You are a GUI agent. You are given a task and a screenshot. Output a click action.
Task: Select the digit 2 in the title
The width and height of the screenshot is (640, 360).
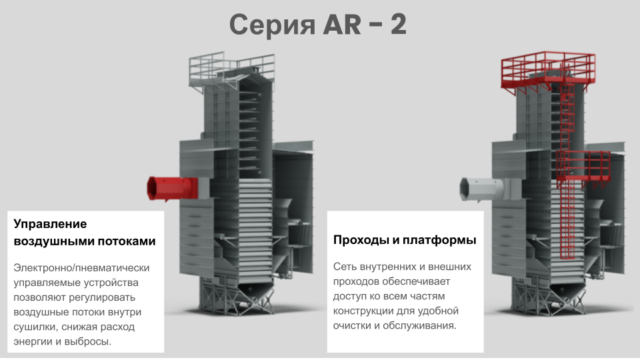pyautogui.click(x=398, y=25)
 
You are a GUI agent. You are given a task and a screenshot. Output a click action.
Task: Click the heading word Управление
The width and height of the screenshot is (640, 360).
pyautogui.click(x=51, y=224)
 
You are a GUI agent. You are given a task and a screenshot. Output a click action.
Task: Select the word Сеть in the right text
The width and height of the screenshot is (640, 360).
pyautogui.click(x=345, y=267)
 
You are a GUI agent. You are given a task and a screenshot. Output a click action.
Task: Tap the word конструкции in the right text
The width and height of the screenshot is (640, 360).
pyautogui.click(x=364, y=311)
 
